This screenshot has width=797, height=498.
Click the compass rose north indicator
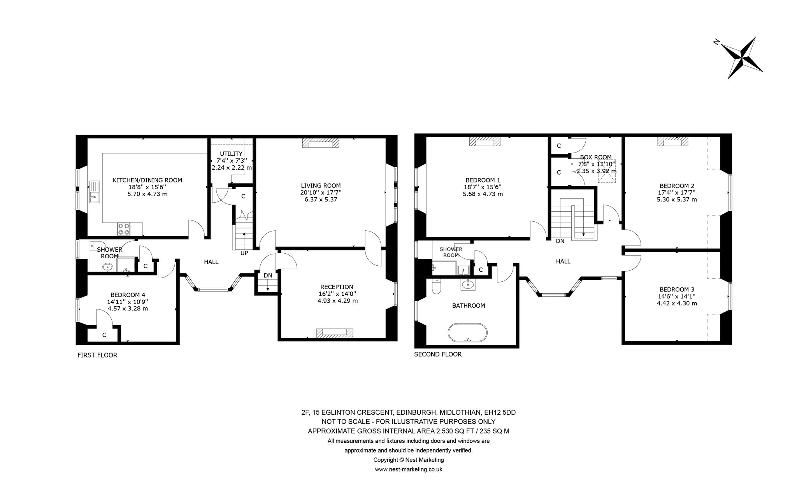coord(716,53)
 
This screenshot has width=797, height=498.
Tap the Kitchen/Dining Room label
coord(147,180)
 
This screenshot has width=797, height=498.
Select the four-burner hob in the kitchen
coord(124,229)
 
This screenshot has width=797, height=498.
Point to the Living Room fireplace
coord(321,144)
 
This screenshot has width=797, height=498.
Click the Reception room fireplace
coord(335,333)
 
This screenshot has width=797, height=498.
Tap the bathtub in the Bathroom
coord(467,332)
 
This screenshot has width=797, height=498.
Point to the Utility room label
coord(231,154)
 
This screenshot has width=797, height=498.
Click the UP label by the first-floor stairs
coord(244,253)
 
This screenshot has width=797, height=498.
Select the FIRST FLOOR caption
coord(97,355)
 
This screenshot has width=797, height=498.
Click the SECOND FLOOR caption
coord(438,354)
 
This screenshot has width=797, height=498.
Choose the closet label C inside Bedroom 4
coord(104,335)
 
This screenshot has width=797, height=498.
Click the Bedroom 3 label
coord(677,289)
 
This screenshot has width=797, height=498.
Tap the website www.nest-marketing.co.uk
coord(409,469)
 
